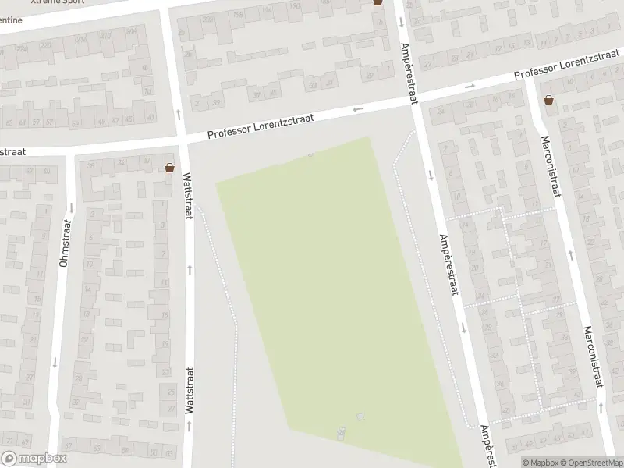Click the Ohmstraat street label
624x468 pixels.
pos(65,243)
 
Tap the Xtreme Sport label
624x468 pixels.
pos(57,2)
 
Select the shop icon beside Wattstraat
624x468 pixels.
pos(169,167)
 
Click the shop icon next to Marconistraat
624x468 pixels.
pos(550,100)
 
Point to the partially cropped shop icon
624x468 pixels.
pos(378,2)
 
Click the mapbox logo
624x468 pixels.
pos(34,458)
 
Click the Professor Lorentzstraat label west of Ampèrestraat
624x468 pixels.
pos(261,126)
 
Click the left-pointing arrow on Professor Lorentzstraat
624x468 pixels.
pos(358,109)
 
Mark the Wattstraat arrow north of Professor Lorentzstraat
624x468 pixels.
pos(179,114)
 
